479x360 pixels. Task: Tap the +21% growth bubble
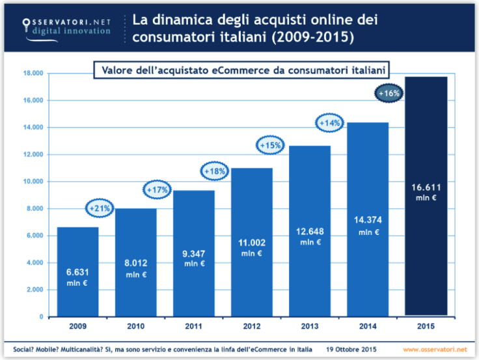[100, 209]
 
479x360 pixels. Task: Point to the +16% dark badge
[390, 94]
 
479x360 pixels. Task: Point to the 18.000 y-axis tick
[34, 74]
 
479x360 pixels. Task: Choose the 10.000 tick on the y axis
[34, 182]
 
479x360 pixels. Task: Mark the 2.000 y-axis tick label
[35, 290]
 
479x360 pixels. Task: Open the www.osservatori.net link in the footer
[439, 350]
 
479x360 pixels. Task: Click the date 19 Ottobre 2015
[351, 350]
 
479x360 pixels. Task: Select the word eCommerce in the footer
[260, 350]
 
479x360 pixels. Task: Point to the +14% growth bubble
[330, 122]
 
